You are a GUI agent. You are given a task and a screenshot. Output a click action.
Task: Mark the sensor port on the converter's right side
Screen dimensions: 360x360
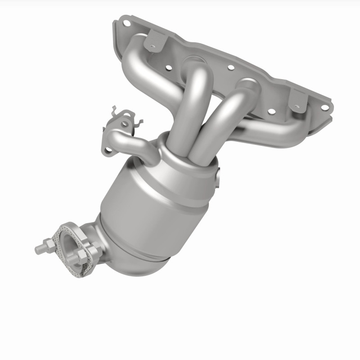click(219, 177)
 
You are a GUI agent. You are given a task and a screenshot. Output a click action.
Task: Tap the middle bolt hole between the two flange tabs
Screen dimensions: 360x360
click(231, 68)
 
